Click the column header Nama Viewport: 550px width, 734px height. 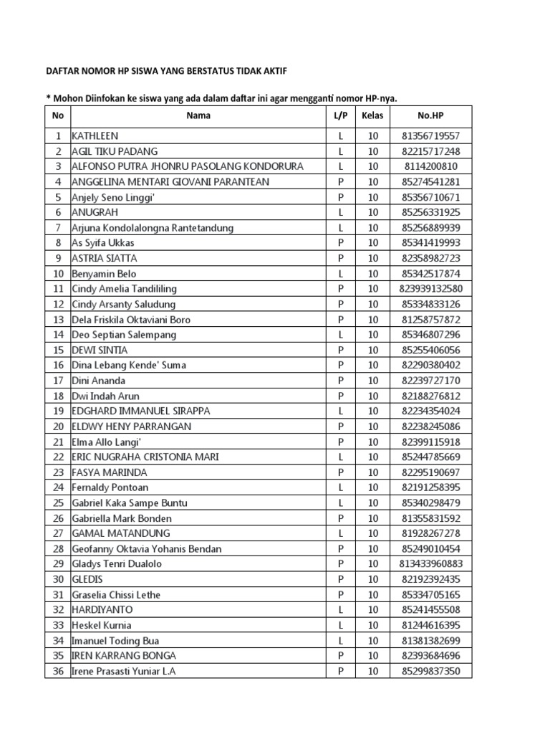[198, 115]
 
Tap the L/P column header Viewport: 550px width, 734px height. [341, 115]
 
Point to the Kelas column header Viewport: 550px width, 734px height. [372, 115]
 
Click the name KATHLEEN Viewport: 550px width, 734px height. [95, 135]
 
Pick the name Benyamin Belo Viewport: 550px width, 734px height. [104, 274]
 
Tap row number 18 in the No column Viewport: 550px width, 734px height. [57, 396]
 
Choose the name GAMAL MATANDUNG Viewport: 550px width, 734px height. [121, 533]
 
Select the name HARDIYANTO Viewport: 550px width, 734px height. [102, 609]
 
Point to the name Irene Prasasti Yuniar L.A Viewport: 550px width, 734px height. [124, 671]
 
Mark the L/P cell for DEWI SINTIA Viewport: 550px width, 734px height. [341, 350]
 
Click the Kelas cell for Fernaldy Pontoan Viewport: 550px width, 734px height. [372, 487]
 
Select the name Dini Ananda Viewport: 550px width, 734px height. [99, 381]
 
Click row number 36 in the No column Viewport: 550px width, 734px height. [57, 671]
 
